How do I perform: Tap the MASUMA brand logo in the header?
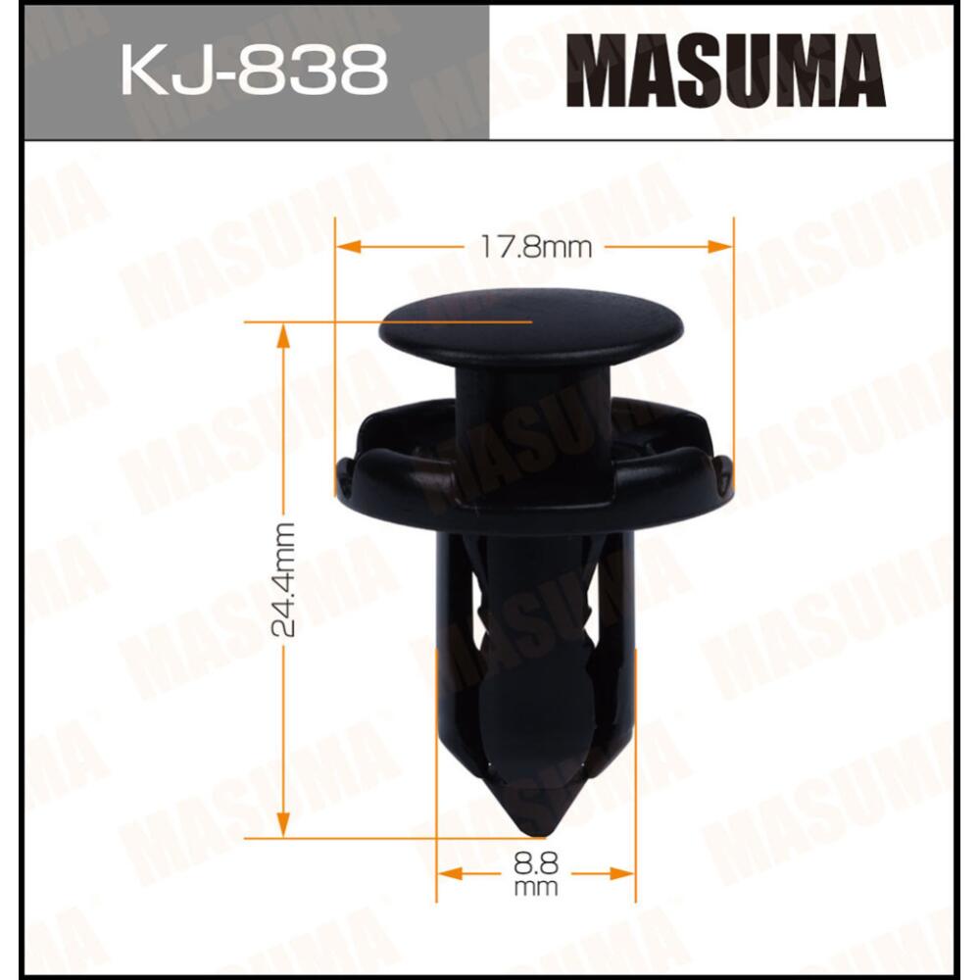pyautogui.click(x=726, y=72)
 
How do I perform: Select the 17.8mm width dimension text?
pyautogui.click(x=536, y=246)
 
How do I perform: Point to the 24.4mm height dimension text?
pyautogui.click(x=284, y=580)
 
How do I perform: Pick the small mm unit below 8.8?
pyautogui.click(x=535, y=888)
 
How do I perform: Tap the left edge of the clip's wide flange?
pyautogui.click(x=342, y=480)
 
